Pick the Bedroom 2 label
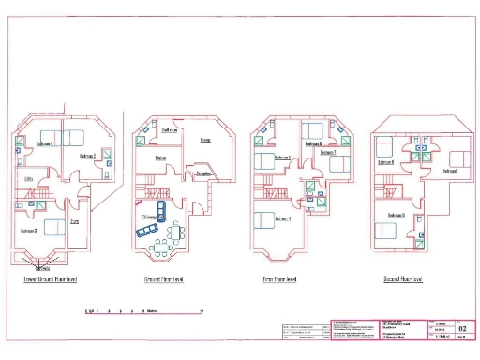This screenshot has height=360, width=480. point(87,155)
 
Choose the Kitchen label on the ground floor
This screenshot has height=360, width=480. point(160,157)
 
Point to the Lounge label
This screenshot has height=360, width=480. point(205,142)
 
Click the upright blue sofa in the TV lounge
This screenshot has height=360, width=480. point(159,207)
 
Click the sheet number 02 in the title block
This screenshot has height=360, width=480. point(461,329)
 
